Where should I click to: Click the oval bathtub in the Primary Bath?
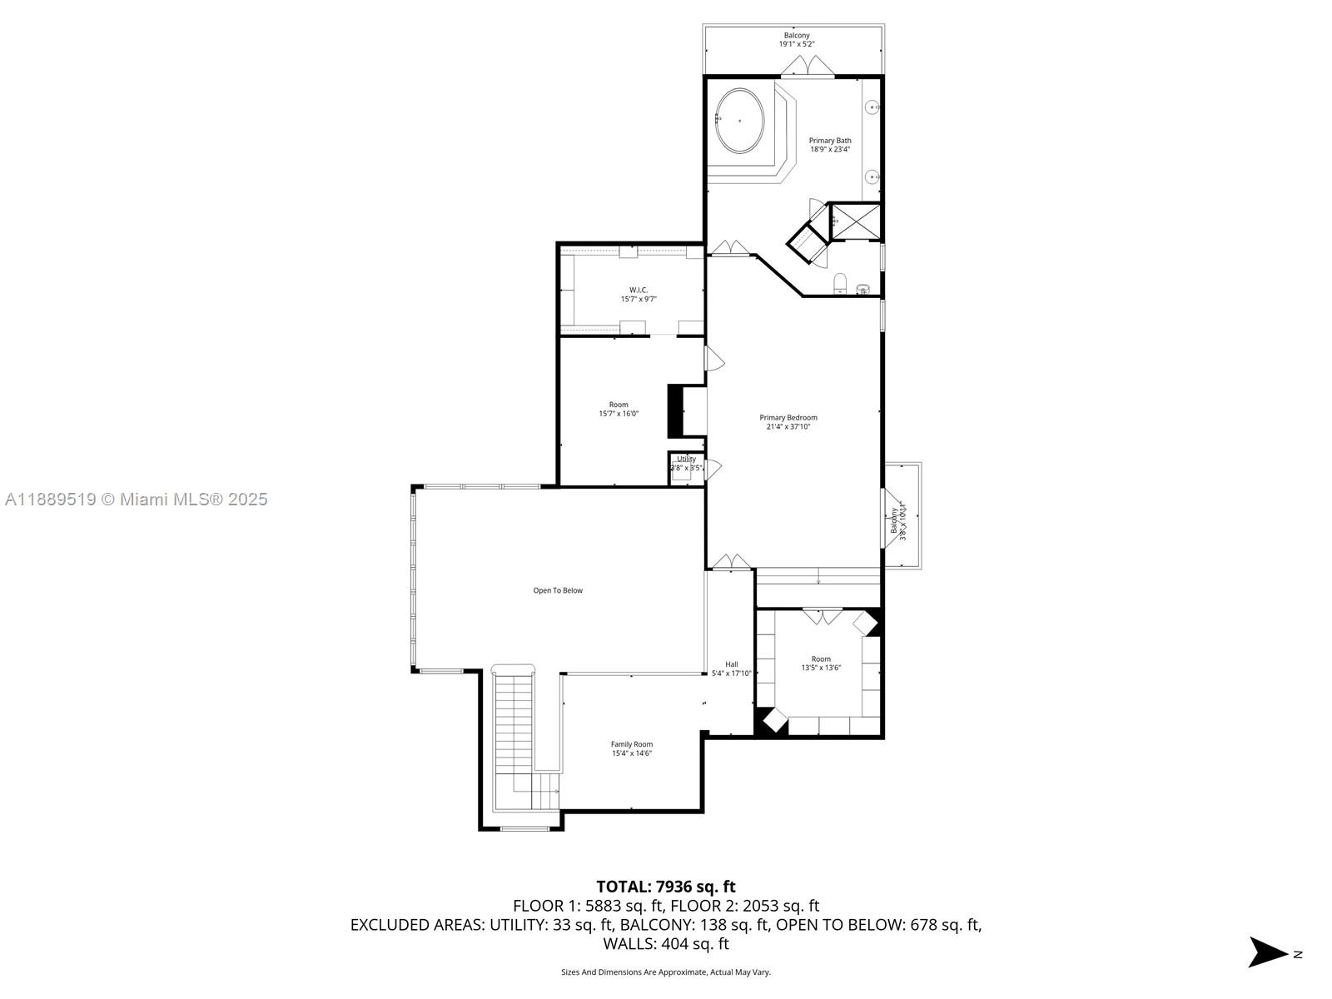point(739,122)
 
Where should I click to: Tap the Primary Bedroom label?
point(788,422)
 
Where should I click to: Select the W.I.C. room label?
point(639,294)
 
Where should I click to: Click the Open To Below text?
point(558,590)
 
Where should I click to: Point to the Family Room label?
point(631,748)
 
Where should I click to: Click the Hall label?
point(731,668)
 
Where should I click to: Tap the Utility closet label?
point(687,463)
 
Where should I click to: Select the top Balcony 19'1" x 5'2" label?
point(796,39)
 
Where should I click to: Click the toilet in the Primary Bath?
point(840,283)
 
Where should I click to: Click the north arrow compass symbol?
point(1269,952)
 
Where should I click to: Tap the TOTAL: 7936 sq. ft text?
point(665,887)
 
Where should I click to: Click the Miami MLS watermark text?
point(137,499)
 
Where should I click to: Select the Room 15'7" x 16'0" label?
point(619,409)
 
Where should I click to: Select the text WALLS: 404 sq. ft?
point(665,943)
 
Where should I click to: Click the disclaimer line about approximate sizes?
point(665,972)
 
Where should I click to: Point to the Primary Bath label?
point(830,145)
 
